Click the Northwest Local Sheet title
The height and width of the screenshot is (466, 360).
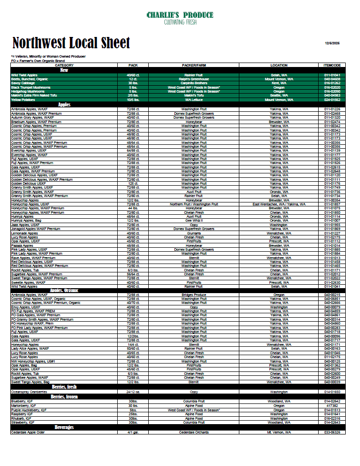point(71,43)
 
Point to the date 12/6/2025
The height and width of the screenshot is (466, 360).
point(332,43)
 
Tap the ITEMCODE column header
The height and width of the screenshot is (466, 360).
point(332,65)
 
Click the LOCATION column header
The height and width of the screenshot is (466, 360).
point(279,65)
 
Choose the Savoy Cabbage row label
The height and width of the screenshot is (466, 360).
point(24,83)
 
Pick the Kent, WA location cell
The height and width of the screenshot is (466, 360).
point(279,83)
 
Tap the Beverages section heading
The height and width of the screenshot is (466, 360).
point(64,427)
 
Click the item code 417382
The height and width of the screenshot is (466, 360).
point(332,406)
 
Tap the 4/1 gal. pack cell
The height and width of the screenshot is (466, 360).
point(132,433)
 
